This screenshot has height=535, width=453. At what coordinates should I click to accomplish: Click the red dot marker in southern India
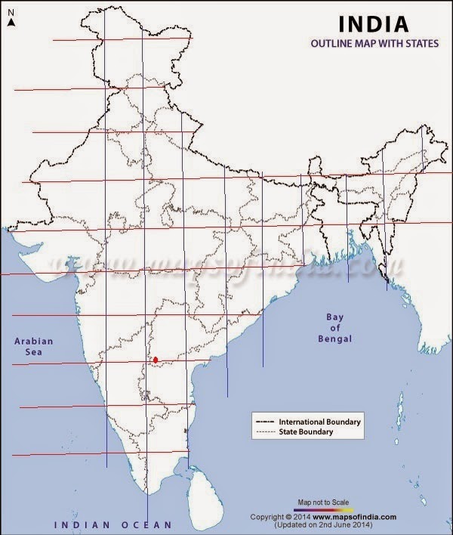pyautogui.click(x=156, y=360)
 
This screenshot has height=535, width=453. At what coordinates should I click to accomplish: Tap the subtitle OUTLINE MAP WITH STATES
pyautogui.click(x=374, y=44)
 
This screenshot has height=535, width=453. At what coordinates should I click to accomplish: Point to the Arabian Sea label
pyautogui.click(x=35, y=346)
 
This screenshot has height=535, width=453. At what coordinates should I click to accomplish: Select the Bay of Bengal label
pyautogui.click(x=334, y=329)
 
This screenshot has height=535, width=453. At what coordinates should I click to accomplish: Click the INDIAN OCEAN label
pyautogui.click(x=112, y=524)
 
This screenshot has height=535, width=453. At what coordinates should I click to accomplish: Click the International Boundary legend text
pyautogui.click(x=320, y=421)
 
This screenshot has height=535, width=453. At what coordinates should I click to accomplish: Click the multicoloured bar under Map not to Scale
pyautogui.click(x=323, y=509)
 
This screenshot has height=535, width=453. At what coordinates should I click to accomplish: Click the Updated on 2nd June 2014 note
pyautogui.click(x=327, y=524)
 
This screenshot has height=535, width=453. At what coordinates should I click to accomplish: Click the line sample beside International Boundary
pyautogui.click(x=265, y=421)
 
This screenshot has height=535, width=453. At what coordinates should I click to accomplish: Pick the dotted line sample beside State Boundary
pyautogui.click(x=265, y=432)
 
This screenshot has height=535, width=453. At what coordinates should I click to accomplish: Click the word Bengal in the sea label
pyautogui.click(x=335, y=340)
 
